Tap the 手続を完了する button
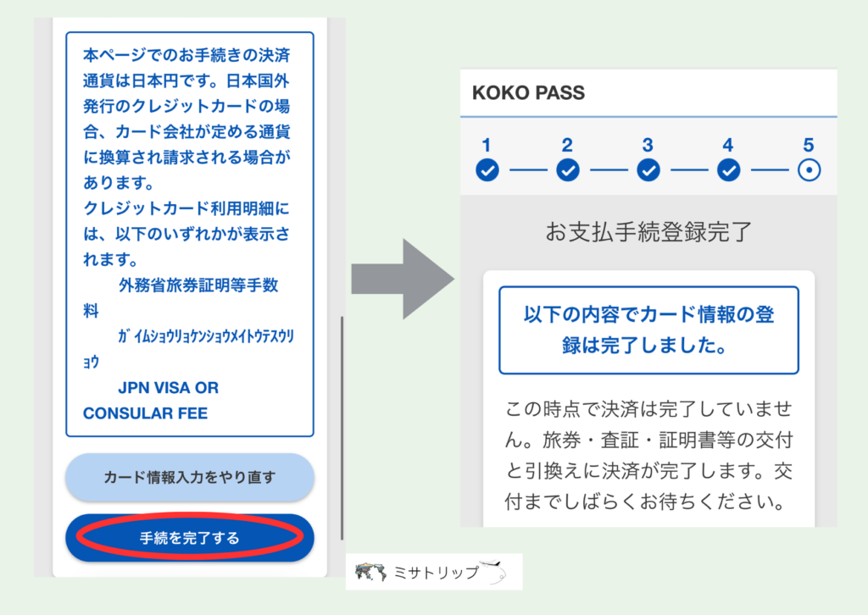(x=190, y=537)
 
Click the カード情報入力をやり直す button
(x=190, y=477)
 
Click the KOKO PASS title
(x=529, y=92)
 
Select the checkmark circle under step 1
(x=487, y=170)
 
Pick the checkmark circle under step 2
(x=567, y=170)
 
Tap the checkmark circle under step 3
(x=648, y=170)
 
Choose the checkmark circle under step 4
(x=728, y=170)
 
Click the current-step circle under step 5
(x=809, y=170)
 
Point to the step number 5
(x=809, y=144)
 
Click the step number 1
(x=487, y=144)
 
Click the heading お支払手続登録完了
(x=648, y=232)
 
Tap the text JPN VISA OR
(x=168, y=388)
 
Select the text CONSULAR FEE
(x=145, y=413)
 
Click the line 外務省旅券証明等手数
(x=198, y=285)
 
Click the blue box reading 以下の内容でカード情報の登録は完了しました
(x=648, y=330)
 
